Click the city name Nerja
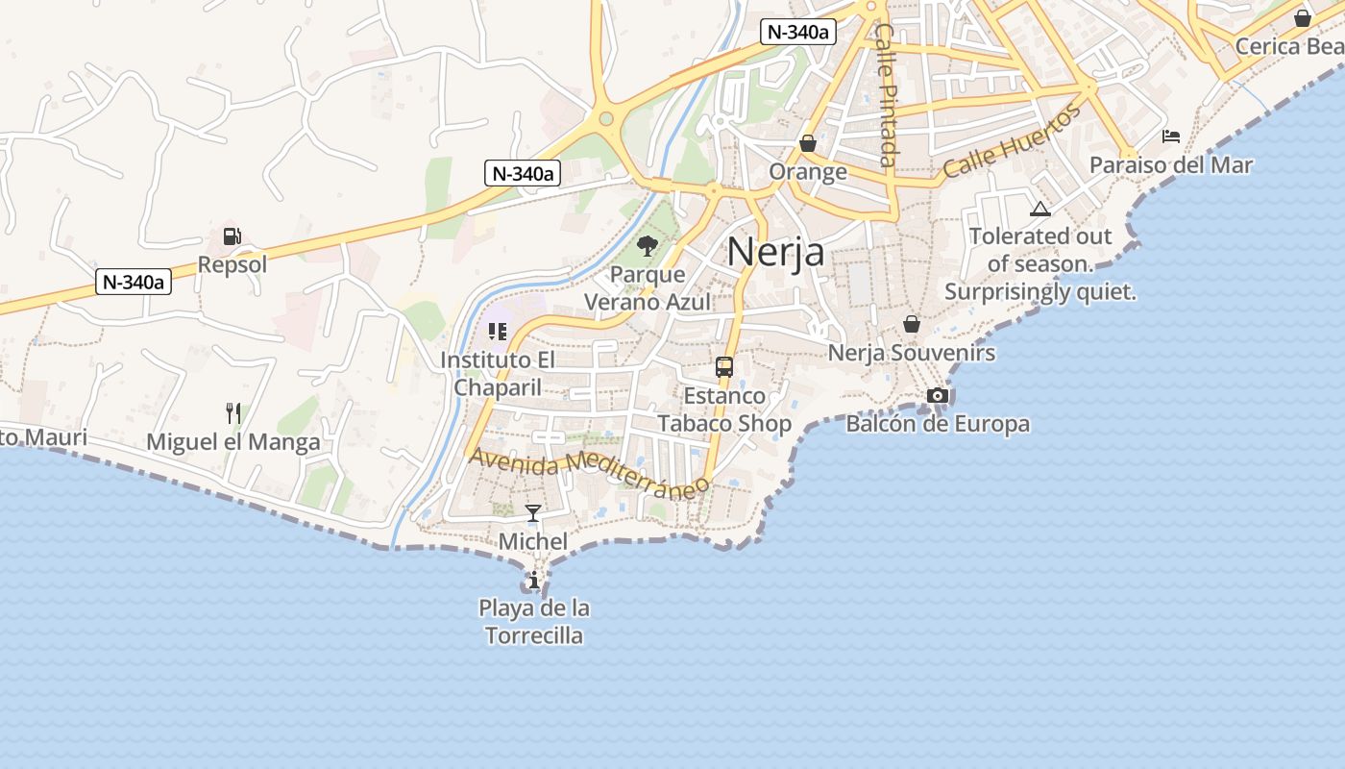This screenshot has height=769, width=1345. [x=775, y=252]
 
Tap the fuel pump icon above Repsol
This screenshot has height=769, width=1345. [x=232, y=236]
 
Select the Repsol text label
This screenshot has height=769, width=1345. [x=232, y=264]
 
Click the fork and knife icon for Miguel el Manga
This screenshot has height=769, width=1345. [x=232, y=413]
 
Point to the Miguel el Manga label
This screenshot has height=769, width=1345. [x=233, y=442]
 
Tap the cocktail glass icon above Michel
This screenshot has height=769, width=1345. [x=533, y=513]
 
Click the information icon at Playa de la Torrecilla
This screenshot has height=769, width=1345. [x=534, y=580]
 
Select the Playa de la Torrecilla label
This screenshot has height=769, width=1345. [x=534, y=621]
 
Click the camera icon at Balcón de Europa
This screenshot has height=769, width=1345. [x=938, y=395]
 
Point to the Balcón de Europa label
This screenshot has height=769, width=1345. [x=938, y=424]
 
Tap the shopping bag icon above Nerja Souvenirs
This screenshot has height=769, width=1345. [x=912, y=324]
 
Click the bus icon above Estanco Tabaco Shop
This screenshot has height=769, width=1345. [x=724, y=367]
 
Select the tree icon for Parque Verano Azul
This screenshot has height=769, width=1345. [x=648, y=246]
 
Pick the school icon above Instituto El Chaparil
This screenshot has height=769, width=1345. [x=498, y=332]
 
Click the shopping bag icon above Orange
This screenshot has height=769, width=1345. [x=808, y=143]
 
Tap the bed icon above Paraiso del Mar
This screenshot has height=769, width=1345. [x=1171, y=136]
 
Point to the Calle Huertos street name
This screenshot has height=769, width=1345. [x=1012, y=141]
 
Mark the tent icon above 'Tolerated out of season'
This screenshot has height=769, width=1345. [x=1040, y=209]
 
